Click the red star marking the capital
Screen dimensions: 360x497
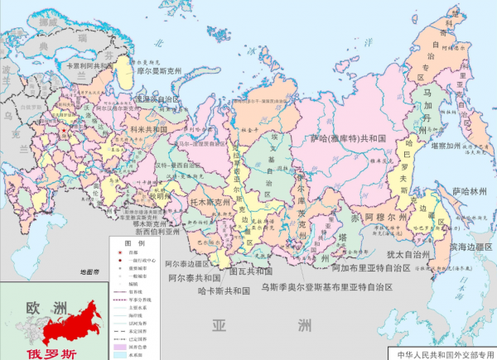(x=64, y=130)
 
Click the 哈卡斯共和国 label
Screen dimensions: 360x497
(x=224, y=291)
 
